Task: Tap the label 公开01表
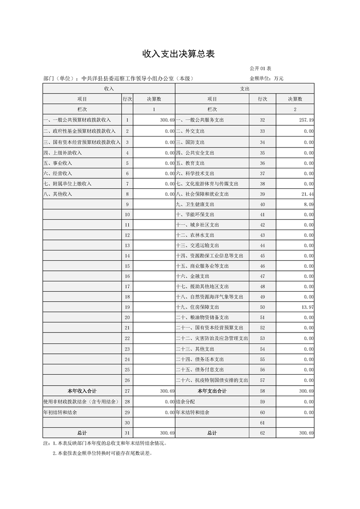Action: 260,69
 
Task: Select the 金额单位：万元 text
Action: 266,78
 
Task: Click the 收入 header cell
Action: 109,89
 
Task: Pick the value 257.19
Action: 305,120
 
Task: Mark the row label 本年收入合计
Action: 82,391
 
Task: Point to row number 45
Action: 262,256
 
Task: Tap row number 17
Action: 127,287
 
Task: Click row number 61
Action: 262,423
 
